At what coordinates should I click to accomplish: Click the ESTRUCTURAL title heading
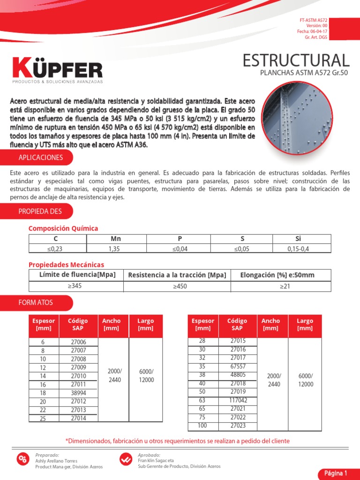[296, 60]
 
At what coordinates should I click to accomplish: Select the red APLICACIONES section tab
[40, 157]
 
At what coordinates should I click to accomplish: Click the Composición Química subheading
[63, 228]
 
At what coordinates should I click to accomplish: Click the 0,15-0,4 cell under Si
[298, 249]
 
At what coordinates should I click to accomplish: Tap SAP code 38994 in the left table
[78, 393]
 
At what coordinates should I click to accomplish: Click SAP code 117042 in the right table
[237, 400]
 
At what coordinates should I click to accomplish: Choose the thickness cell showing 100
[202, 426]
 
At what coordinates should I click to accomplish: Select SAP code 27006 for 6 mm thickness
[78, 342]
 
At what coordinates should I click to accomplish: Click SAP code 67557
[237, 366]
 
